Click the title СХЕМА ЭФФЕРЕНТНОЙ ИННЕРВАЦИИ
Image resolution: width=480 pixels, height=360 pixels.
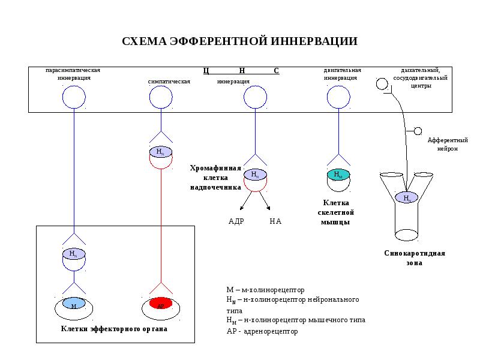(240, 41)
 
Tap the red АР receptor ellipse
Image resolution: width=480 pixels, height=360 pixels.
(161, 303)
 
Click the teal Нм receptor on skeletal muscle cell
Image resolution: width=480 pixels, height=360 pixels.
(338, 175)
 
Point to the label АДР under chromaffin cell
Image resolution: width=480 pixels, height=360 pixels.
(236, 221)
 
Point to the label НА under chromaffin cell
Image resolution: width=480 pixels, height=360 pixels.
(275, 221)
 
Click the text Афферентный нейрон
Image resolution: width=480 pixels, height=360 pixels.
(443, 144)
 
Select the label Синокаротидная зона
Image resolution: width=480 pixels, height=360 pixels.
(415, 258)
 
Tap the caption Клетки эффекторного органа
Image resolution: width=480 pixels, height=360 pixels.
(114, 329)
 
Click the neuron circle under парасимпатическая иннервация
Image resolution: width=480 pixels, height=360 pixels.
(74, 97)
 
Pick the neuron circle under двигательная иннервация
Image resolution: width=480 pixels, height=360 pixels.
(338, 97)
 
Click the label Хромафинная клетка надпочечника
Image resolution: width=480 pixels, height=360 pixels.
(216, 178)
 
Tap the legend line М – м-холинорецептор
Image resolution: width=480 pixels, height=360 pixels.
(265, 289)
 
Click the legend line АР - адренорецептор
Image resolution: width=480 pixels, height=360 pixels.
(262, 331)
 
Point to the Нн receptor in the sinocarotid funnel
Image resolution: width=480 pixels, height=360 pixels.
(407, 197)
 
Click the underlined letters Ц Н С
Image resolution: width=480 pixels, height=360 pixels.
(241, 71)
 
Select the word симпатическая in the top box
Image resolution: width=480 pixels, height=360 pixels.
(169, 81)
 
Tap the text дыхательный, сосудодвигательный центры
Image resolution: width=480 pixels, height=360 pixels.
(420, 78)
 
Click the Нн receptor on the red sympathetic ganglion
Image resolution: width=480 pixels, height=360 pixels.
(160, 151)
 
